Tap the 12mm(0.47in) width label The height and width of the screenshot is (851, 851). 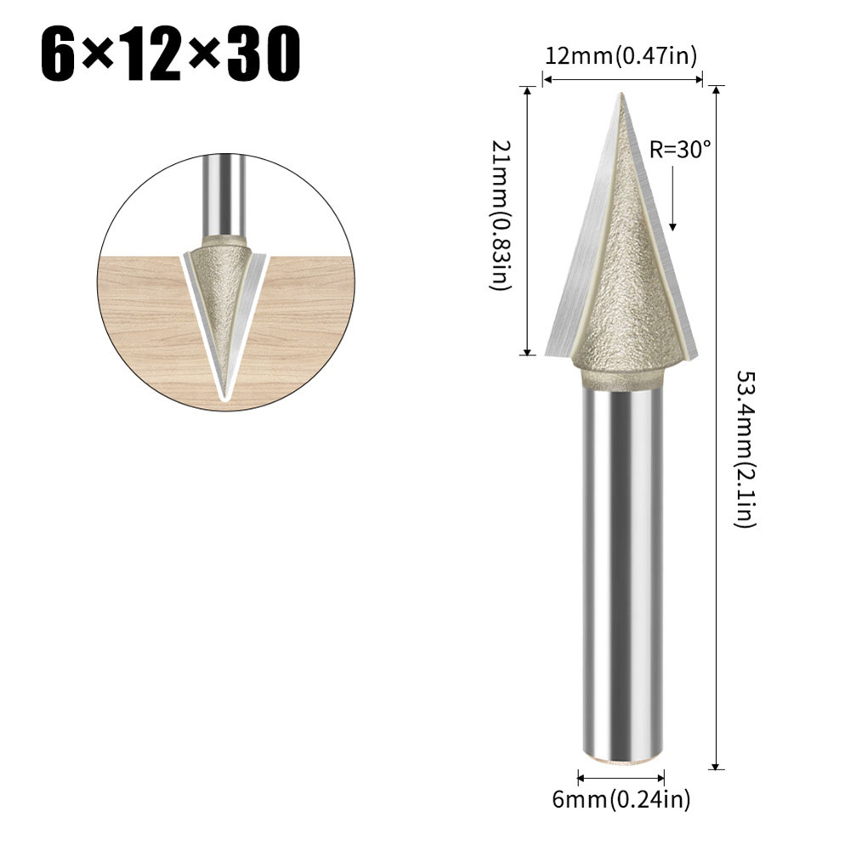621,56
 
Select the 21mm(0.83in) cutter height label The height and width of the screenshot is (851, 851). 502,217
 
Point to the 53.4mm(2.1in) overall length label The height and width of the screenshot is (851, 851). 745,448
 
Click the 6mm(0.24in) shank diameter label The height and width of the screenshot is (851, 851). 621,798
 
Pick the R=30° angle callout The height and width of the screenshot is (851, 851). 679,150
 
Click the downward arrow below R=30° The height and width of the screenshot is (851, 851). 672,200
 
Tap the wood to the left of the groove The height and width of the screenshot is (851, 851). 145,323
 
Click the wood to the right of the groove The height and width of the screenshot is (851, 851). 306,323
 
